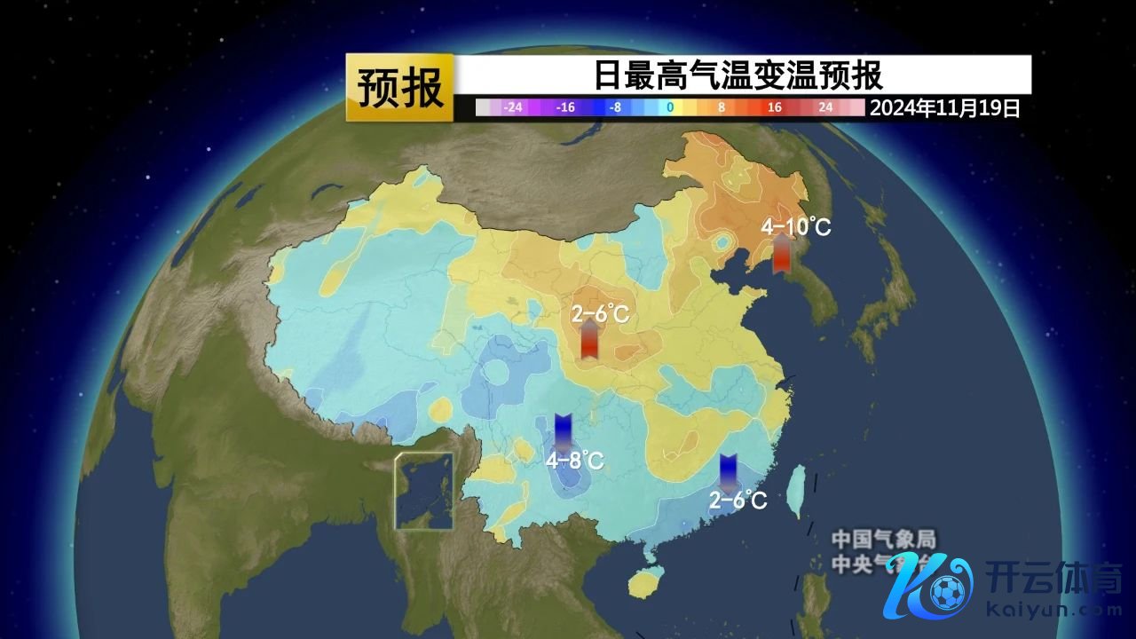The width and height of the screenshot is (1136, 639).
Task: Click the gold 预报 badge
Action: pyautogui.click(x=400, y=87)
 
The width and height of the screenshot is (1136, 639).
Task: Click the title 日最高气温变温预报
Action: pyautogui.click(x=738, y=75)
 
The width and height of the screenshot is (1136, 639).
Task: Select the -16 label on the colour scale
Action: pyautogui.click(x=565, y=108)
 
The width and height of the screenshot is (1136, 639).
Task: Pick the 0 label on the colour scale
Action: pyautogui.click(x=670, y=108)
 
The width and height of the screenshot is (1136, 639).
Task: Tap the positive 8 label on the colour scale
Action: pyautogui.click(x=722, y=108)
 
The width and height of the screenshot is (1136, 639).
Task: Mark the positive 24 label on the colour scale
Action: pyautogui.click(x=825, y=108)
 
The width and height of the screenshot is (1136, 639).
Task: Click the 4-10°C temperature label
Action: pyautogui.click(x=796, y=227)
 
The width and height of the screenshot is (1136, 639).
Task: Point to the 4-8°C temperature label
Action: pyautogui.click(x=574, y=461)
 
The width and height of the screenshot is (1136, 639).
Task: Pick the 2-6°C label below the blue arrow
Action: pyautogui.click(x=738, y=501)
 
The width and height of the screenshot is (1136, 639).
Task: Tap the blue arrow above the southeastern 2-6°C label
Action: pyautogui.click(x=728, y=472)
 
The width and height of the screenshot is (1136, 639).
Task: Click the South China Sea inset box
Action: pyautogui.click(x=424, y=491)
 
